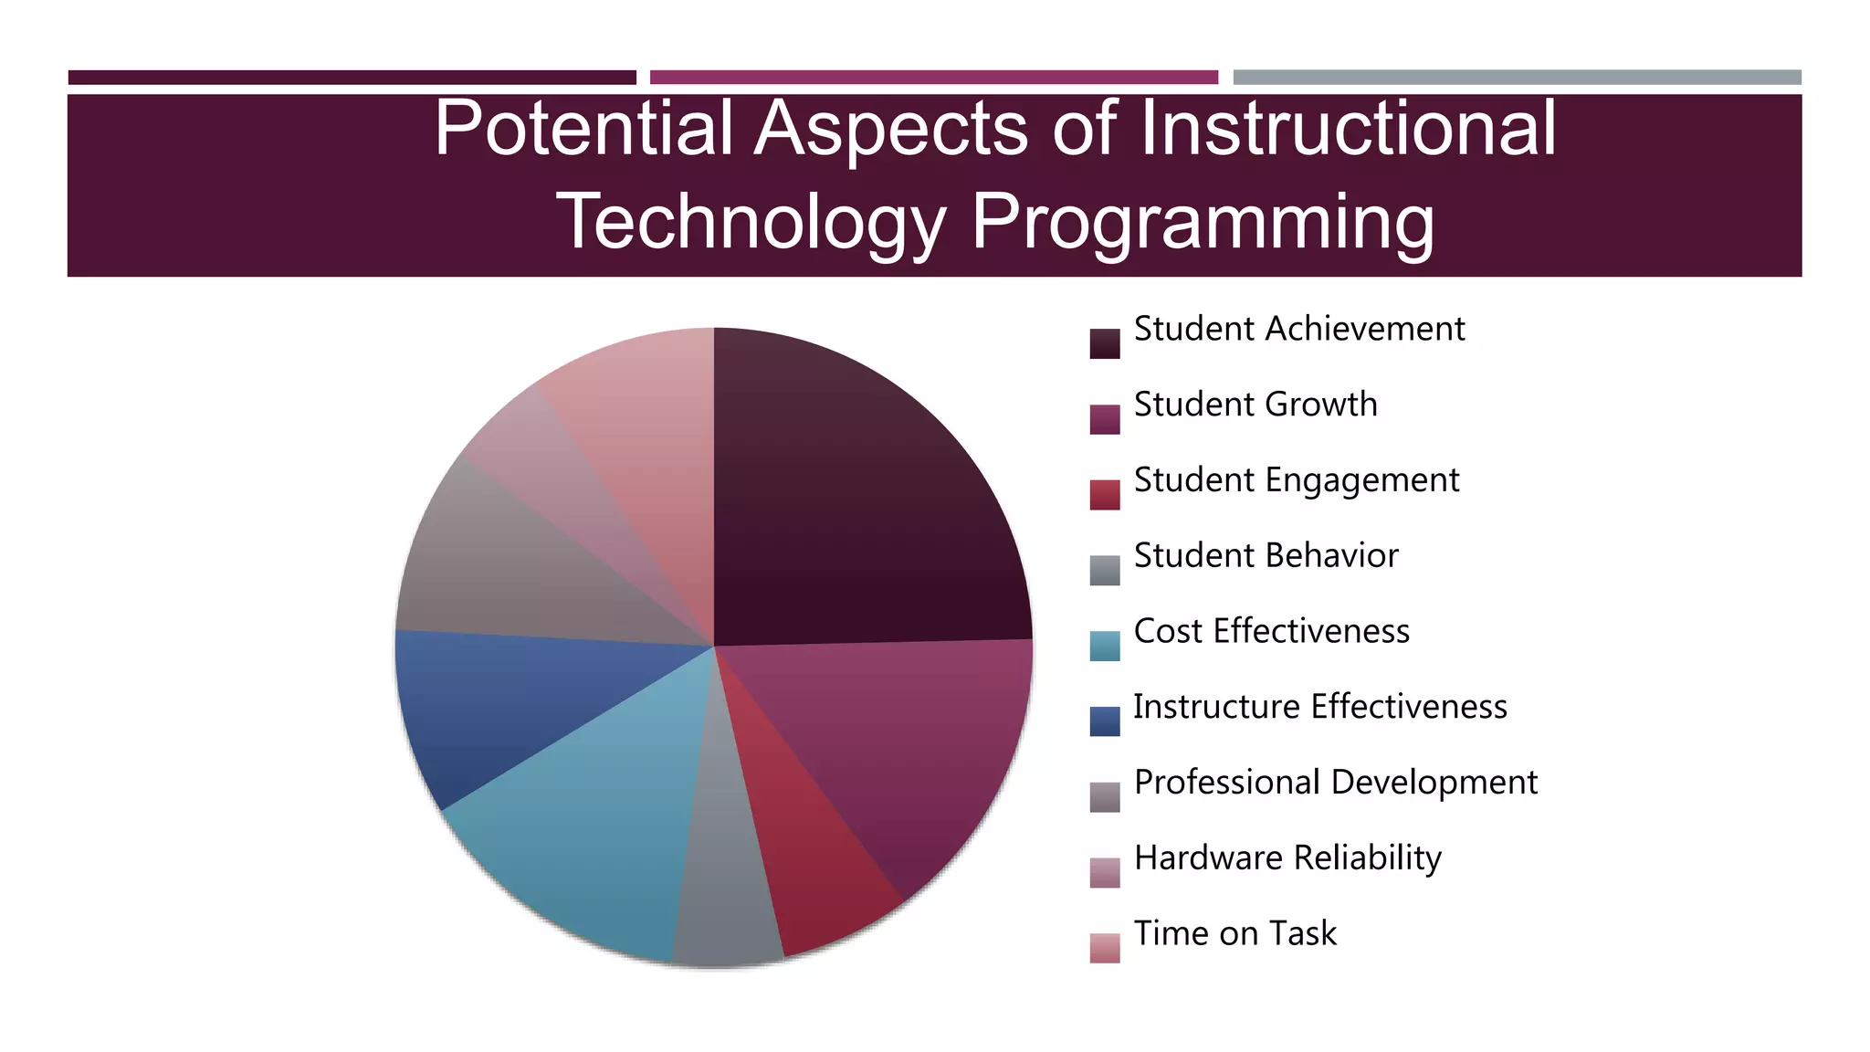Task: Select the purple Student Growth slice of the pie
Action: [913, 740]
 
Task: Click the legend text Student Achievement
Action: [1298, 329]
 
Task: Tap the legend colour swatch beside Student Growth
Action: [1104, 419]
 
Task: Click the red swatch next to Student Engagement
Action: [1104, 495]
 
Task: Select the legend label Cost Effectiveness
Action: [1271, 631]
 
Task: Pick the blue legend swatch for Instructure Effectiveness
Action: [1104, 721]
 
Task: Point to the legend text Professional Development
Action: [1335, 783]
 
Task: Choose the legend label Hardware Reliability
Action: [1287, 858]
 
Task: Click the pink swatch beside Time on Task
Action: [1104, 948]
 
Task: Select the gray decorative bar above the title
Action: [1517, 78]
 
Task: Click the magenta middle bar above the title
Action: [933, 78]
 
